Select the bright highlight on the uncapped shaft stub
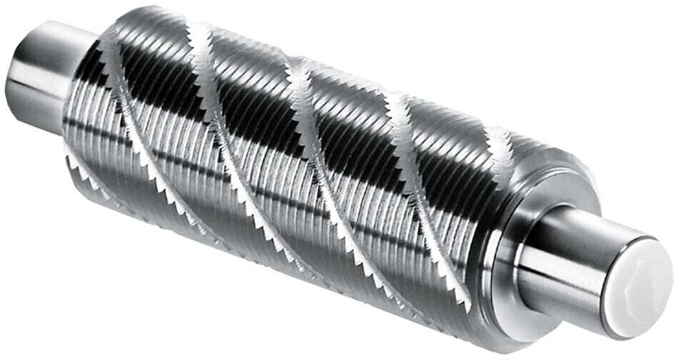pyautogui.click(x=32, y=71)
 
